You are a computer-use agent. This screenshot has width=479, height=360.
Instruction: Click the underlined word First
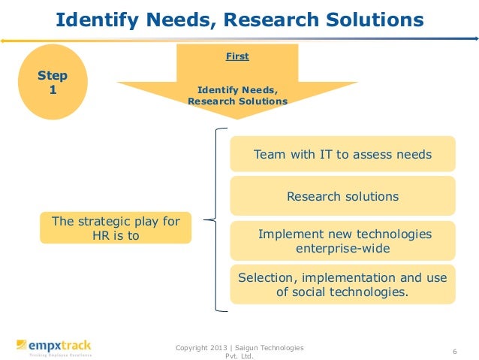[x=237, y=56]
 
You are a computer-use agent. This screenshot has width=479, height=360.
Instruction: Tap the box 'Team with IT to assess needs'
[x=342, y=155]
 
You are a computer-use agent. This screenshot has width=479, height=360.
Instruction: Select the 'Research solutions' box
[x=342, y=196]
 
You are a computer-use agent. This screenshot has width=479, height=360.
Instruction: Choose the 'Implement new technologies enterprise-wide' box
[x=342, y=241]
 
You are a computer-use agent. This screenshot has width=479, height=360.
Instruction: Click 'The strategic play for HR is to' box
[x=115, y=228]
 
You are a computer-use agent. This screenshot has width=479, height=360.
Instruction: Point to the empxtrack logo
[x=54, y=347]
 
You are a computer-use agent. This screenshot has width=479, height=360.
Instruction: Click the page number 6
[x=455, y=351]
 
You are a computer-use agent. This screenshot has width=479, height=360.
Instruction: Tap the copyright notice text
[x=239, y=351]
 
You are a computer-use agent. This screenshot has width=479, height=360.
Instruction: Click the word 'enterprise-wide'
[x=343, y=248]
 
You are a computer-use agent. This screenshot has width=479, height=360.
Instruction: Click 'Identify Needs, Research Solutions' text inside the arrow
[x=237, y=96]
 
